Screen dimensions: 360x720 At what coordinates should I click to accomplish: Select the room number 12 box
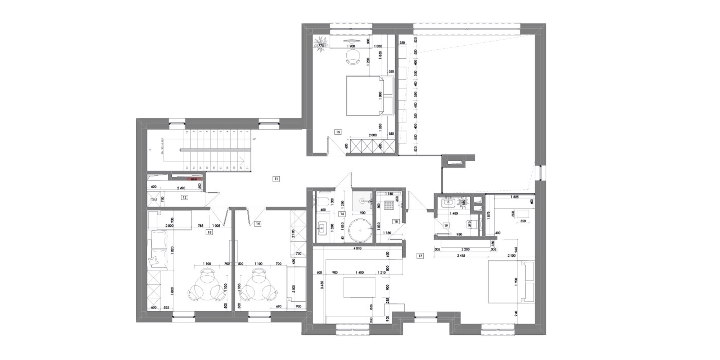tap(184, 197)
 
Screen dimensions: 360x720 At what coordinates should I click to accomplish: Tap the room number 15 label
tap(338, 132)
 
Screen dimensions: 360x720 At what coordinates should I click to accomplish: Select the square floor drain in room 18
tap(389, 206)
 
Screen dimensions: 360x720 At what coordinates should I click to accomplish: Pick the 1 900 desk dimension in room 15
tap(351, 46)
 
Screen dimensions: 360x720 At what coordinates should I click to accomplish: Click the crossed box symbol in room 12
tap(154, 199)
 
